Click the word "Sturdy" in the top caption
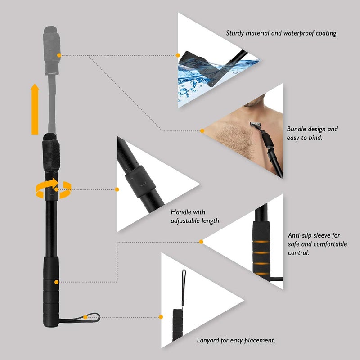tap(236, 33)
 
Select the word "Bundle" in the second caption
tap(297, 129)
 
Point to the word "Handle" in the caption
tap(181, 212)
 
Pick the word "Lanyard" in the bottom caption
tap(209, 341)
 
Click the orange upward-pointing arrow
tap(35, 110)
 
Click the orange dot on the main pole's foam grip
tap(56, 282)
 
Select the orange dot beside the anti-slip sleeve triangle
tap(201, 242)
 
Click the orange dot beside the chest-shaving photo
tap(202, 131)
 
